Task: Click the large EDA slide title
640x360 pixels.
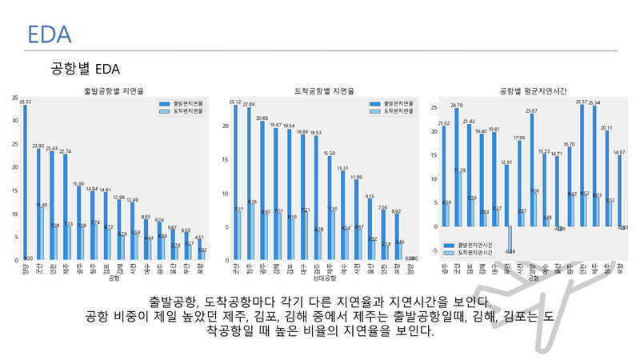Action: click(50, 34)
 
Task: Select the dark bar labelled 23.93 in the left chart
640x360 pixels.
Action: click(38, 204)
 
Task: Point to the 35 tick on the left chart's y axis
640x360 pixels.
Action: click(14, 98)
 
